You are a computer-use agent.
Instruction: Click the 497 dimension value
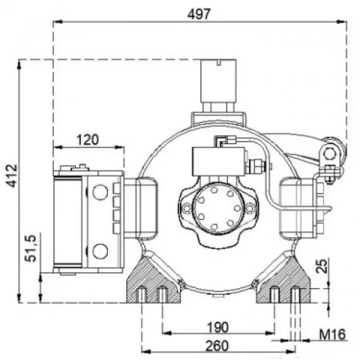[199, 14]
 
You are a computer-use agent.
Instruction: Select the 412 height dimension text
[12, 175]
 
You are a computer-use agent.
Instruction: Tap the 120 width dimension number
[88, 139]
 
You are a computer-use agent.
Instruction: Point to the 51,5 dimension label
[31, 248]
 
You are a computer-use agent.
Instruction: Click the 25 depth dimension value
[321, 266]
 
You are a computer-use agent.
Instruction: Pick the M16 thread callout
[332, 334]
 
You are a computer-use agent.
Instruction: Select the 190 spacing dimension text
[217, 327]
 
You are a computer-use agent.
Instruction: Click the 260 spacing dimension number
[217, 346]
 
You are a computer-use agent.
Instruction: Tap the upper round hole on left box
[100, 192]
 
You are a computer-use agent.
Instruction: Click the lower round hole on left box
[100, 251]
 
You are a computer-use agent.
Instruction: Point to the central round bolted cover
[217, 208]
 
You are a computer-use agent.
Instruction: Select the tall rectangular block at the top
[218, 80]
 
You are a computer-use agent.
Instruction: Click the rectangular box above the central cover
[219, 162]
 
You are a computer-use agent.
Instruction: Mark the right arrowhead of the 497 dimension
[342, 22]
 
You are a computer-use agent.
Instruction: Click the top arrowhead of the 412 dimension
[19, 64]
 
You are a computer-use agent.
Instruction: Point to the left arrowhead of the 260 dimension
[146, 352]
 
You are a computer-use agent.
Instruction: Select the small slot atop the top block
[219, 62]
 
